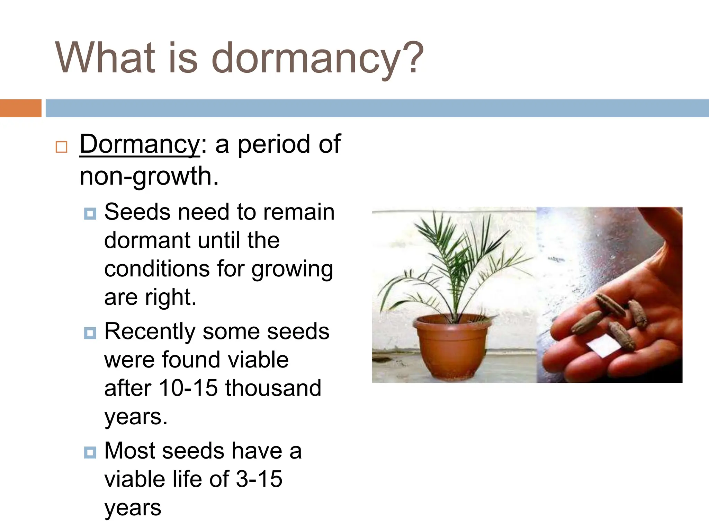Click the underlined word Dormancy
(140, 144)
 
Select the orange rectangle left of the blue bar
(20, 108)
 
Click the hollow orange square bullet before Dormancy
(61, 147)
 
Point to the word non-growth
(149, 176)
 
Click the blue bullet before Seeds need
(90, 214)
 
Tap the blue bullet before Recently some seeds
(90, 333)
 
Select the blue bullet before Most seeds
(90, 452)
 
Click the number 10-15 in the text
(188, 388)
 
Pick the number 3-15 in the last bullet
(259, 479)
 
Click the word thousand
(273, 388)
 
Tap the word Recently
(150, 332)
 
